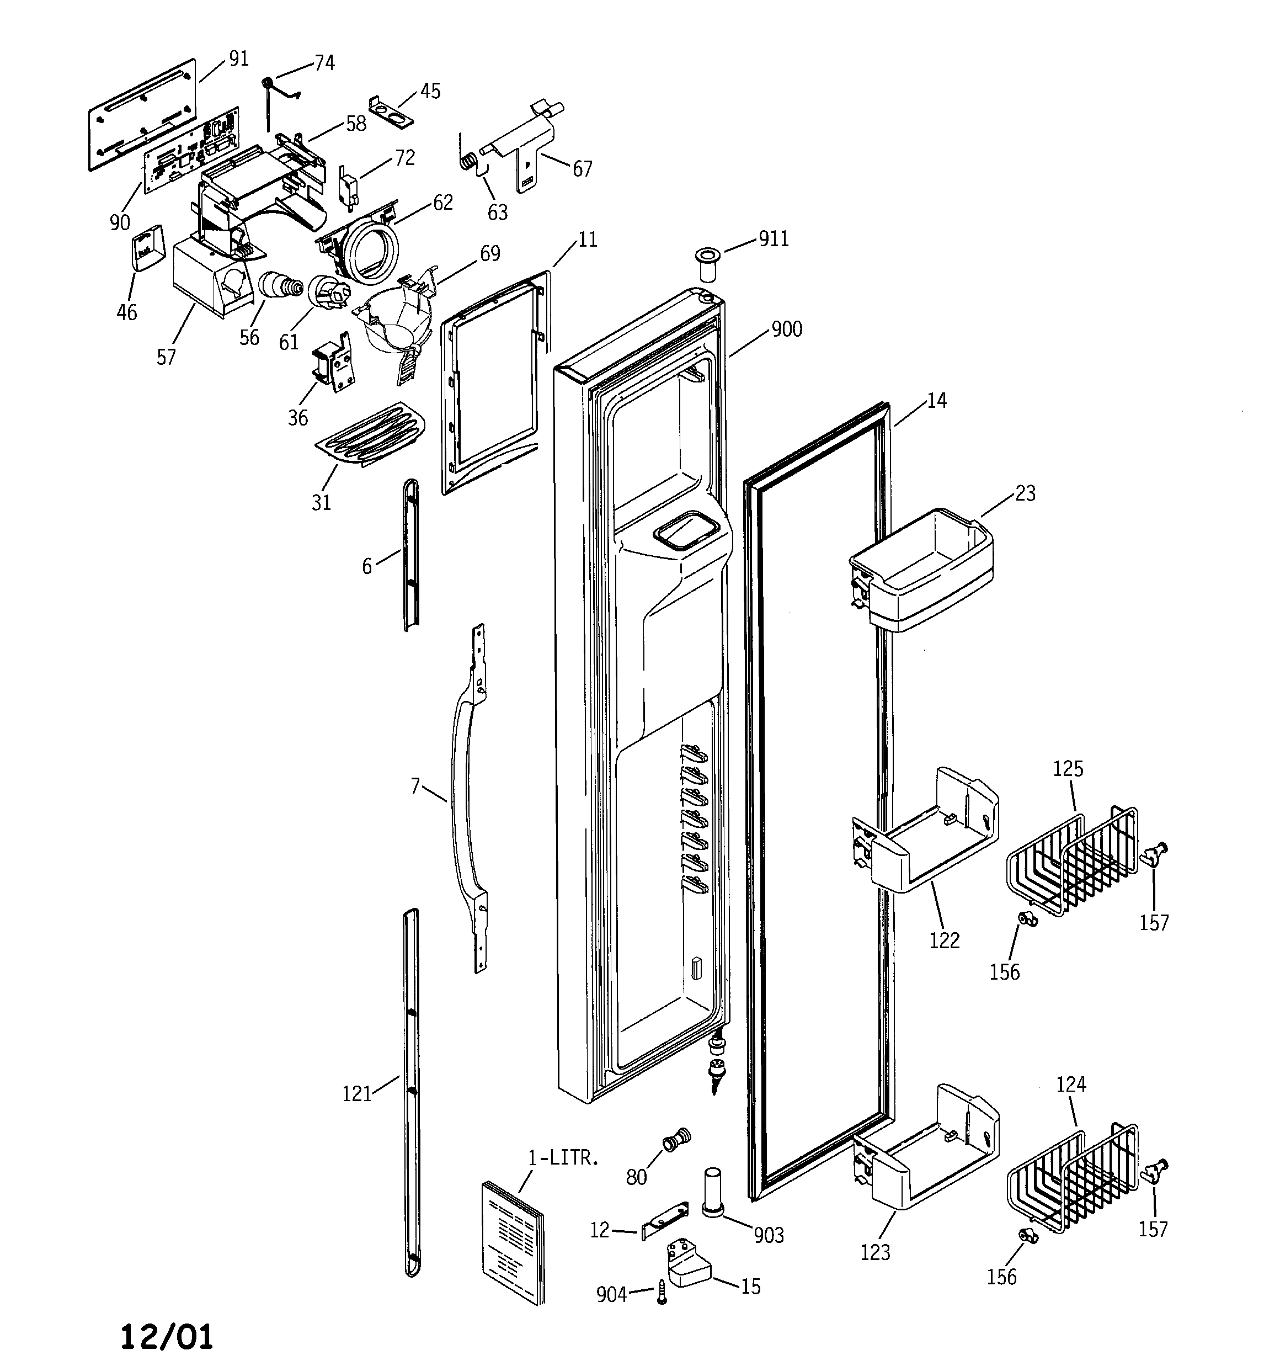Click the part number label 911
click(x=774, y=239)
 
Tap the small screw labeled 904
click(x=662, y=1293)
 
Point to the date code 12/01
click(x=167, y=1336)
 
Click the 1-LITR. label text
click(x=563, y=1157)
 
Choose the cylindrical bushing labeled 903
click(x=712, y=1193)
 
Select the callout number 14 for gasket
click(x=936, y=401)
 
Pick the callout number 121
click(x=356, y=1093)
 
